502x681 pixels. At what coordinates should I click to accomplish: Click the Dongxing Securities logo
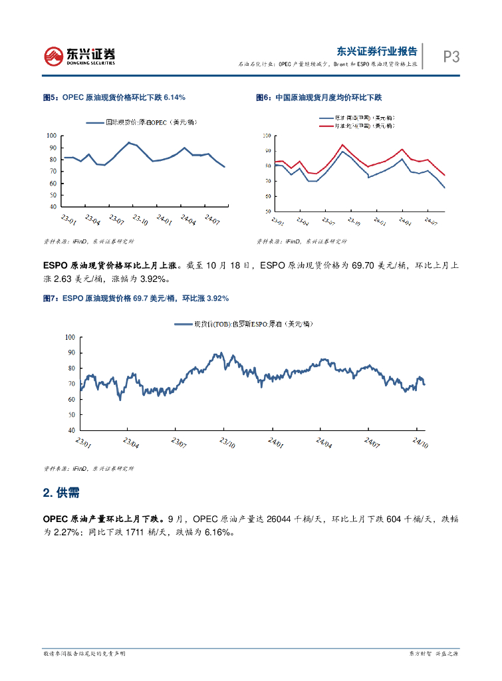coord(79,56)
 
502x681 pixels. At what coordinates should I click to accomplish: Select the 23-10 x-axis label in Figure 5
coord(139,219)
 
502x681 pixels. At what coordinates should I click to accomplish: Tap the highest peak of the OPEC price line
coord(129,142)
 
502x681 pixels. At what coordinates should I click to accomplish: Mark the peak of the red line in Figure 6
coord(342,144)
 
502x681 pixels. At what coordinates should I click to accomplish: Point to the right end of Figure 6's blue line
coord(444,188)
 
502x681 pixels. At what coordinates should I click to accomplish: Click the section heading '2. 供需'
coord(62,493)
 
